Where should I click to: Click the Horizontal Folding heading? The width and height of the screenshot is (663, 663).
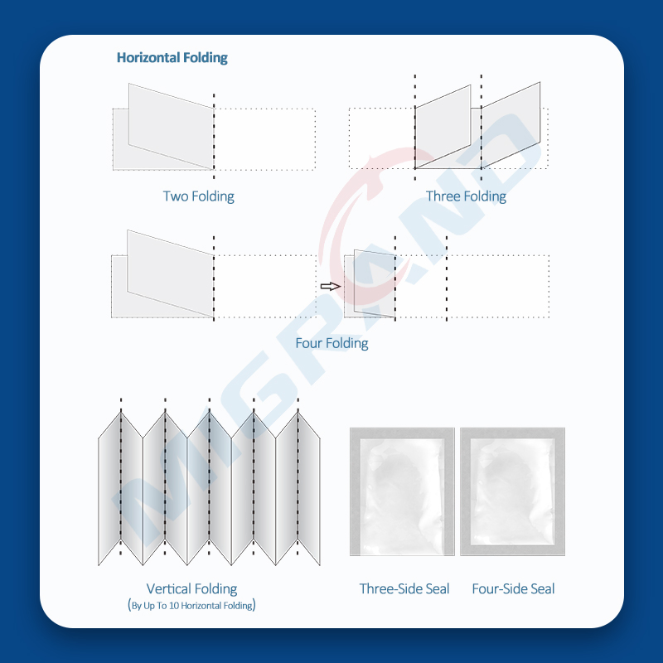point(172,58)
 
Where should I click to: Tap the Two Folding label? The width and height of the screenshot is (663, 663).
point(198,196)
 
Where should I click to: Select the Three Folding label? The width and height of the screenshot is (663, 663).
point(466,196)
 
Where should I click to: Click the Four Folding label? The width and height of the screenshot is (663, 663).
point(331,343)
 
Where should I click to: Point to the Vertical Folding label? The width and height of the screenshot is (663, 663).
point(191,589)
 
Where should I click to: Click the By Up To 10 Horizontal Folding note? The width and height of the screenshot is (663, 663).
point(191,605)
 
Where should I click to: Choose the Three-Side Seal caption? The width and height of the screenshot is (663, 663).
point(404,589)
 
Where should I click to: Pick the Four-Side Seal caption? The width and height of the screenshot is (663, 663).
point(513,589)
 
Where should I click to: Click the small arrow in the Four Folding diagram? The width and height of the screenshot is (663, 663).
point(331,286)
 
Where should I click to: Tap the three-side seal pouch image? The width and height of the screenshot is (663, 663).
point(402,491)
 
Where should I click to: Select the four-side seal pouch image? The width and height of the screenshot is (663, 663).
point(513,491)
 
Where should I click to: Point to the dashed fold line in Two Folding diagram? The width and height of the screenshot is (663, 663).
point(214,133)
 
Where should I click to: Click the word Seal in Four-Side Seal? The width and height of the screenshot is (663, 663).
point(540,589)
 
